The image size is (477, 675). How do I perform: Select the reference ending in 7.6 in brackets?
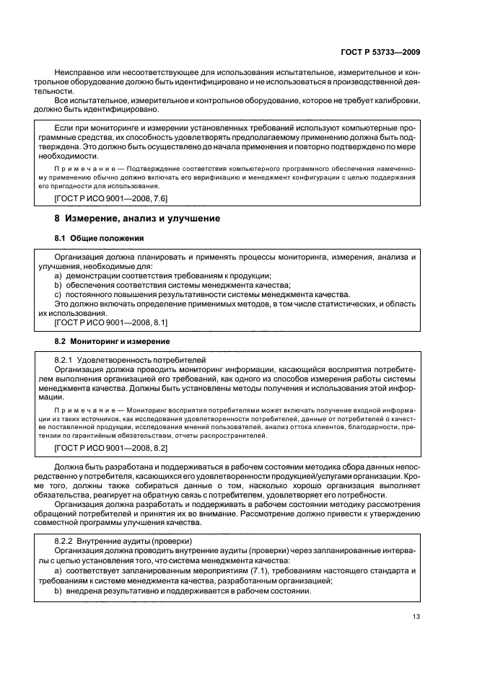pyautogui.click(x=111, y=198)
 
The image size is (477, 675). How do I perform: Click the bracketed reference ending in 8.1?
pyautogui.click(x=111, y=323)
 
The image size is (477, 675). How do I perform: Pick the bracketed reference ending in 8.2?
pyautogui.click(x=111, y=448)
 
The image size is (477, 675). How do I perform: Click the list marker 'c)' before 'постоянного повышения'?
pyautogui.click(x=58, y=294)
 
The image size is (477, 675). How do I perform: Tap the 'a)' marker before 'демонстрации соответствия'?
pyautogui.click(x=58, y=275)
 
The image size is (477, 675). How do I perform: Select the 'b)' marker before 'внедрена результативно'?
pyautogui.click(x=58, y=591)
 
